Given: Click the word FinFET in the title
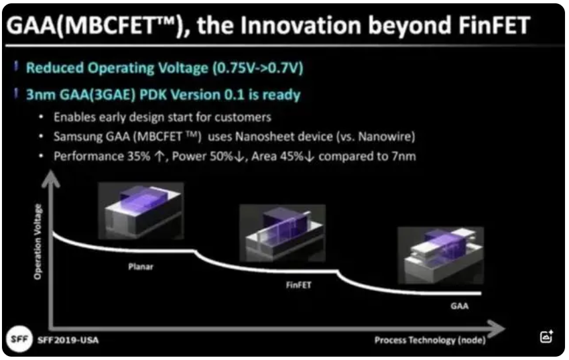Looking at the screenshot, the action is click(x=494, y=25).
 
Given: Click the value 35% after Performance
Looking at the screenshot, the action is click(x=139, y=156).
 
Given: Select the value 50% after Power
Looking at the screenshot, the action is click(x=220, y=156).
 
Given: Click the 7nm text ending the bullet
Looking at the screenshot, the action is click(x=403, y=156).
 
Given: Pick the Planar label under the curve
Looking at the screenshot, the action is click(x=141, y=267).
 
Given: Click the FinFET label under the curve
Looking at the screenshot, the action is click(x=299, y=285).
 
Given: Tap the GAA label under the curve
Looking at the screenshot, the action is click(x=459, y=306).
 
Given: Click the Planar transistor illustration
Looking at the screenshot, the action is click(x=141, y=211).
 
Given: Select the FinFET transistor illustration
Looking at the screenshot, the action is click(x=282, y=233).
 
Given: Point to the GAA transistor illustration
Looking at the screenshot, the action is click(x=440, y=255).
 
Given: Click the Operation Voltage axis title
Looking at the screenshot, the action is click(x=38, y=242).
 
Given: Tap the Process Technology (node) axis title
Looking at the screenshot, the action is click(x=430, y=340).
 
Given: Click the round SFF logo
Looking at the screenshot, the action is click(x=19, y=339).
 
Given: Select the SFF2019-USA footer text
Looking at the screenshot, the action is click(x=68, y=340).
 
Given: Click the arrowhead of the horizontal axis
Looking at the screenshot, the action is click(x=497, y=328).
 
